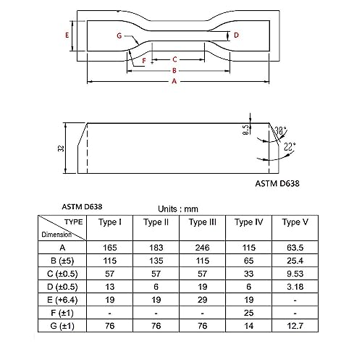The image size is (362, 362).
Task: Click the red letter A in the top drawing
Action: click(173, 82)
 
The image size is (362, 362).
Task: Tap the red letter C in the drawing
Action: click(175, 59)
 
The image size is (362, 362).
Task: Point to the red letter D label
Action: click(237, 34)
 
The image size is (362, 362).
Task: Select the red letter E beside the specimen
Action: click(67, 35)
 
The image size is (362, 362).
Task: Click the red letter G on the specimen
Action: click(118, 35)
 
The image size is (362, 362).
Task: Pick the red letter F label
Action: click(143, 61)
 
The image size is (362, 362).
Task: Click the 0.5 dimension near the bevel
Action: click(245, 130)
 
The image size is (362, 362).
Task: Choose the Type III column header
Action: click(203, 222)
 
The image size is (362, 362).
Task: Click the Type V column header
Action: click(295, 222)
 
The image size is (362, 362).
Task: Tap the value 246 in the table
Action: click(203, 248)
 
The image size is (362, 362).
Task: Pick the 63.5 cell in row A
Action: click(295, 248)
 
